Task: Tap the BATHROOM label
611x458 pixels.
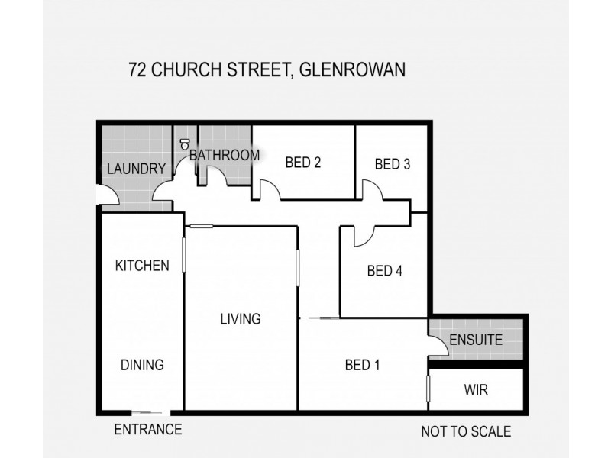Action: click(x=225, y=155)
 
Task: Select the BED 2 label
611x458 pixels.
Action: click(x=302, y=162)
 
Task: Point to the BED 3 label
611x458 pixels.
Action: click(x=393, y=163)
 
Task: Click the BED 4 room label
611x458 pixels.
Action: click(x=384, y=270)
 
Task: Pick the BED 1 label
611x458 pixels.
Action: click(x=362, y=364)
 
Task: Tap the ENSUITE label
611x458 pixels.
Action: click(x=476, y=340)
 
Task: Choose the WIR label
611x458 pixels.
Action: click(x=476, y=390)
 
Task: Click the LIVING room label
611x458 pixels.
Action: click(x=241, y=319)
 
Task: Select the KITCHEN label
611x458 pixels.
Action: click(x=142, y=266)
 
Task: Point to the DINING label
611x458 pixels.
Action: click(x=142, y=365)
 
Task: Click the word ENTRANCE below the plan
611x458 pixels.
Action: click(x=148, y=430)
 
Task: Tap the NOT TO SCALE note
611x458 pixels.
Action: click(x=466, y=431)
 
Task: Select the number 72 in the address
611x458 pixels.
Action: click(x=138, y=70)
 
